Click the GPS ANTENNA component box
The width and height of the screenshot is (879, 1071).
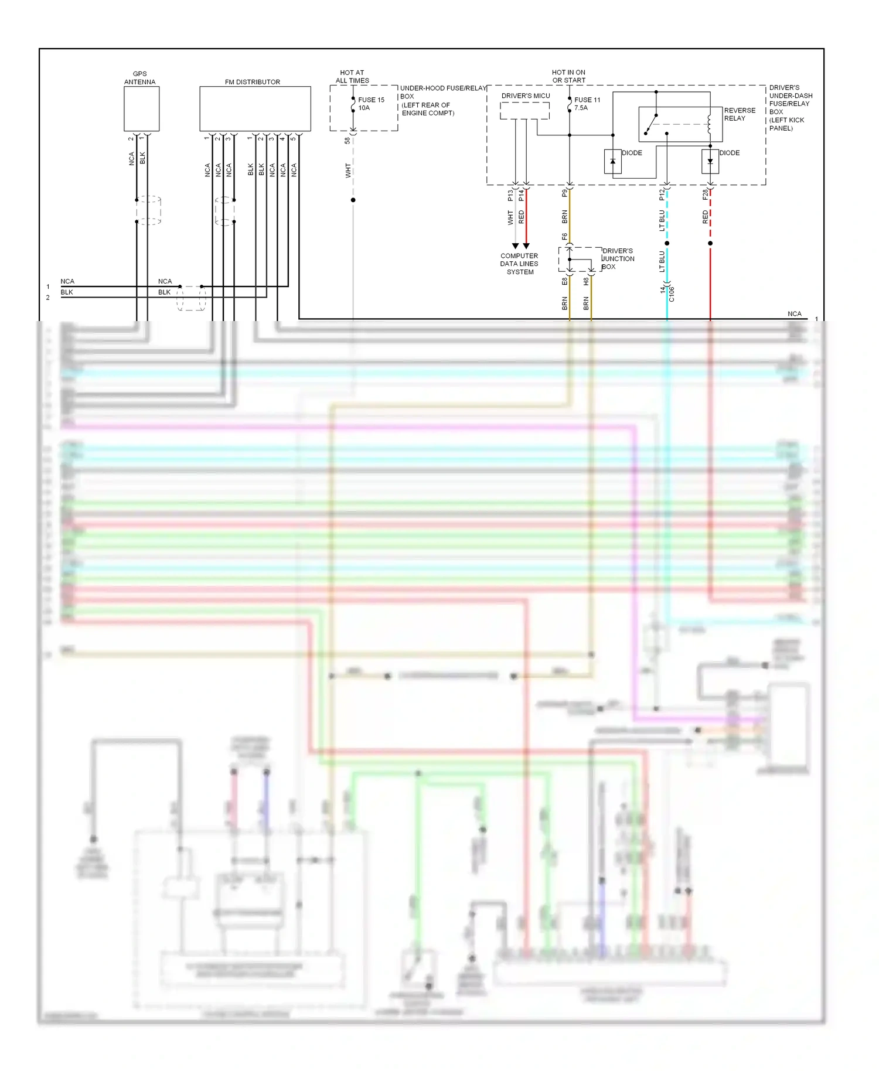tap(141, 109)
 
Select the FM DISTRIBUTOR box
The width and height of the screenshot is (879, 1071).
tap(255, 109)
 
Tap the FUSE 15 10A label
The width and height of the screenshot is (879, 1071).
tap(371, 104)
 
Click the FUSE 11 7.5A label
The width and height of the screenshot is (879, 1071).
tap(587, 104)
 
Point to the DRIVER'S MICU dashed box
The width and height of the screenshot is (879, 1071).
tap(524, 111)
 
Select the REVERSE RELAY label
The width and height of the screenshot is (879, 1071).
tap(740, 114)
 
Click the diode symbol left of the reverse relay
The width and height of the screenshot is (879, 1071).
tap(613, 162)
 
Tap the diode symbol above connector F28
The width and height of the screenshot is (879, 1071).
tap(710, 162)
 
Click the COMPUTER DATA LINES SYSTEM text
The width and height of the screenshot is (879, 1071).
tap(519, 264)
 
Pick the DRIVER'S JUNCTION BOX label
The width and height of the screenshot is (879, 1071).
tap(618, 258)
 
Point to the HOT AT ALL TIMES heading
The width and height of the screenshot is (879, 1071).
tap(352, 77)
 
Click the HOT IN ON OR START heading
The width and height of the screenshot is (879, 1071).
tap(568, 76)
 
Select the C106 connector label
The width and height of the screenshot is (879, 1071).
tap(672, 294)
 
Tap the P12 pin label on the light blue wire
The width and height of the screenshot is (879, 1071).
tap(662, 195)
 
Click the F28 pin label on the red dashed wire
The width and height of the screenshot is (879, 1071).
tap(706, 195)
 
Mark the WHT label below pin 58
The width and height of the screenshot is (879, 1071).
tap(348, 170)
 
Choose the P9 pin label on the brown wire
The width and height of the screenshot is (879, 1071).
tap(565, 193)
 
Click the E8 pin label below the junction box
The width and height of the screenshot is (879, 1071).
tap(565, 281)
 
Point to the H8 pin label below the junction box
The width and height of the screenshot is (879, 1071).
tap(586, 281)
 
